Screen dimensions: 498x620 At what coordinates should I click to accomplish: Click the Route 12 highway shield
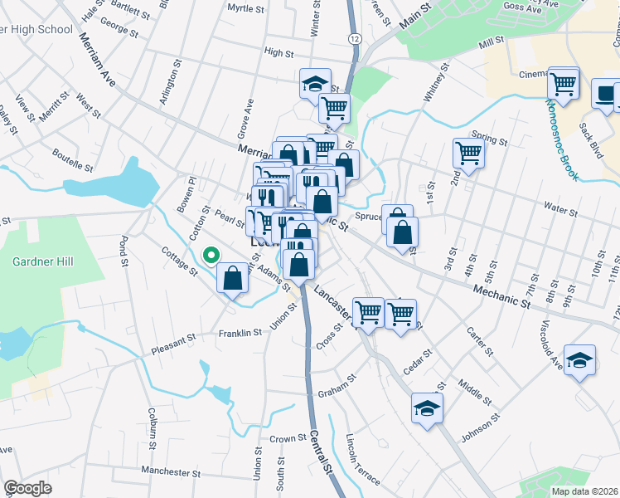coord(355,39)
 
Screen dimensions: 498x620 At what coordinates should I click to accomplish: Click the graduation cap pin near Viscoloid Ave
coord(580,360)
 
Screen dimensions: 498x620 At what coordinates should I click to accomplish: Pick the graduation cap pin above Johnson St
coord(427,408)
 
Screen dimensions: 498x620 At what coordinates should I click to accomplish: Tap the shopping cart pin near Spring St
coord(468,154)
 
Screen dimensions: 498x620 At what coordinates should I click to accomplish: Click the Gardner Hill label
coord(43,262)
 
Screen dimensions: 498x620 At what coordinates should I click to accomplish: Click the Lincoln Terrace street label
coord(363,460)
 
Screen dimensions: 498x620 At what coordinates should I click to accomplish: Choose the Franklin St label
coord(240,333)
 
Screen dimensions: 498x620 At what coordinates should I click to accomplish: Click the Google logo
coord(27,487)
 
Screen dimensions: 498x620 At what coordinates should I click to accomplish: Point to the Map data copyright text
coord(584,491)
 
